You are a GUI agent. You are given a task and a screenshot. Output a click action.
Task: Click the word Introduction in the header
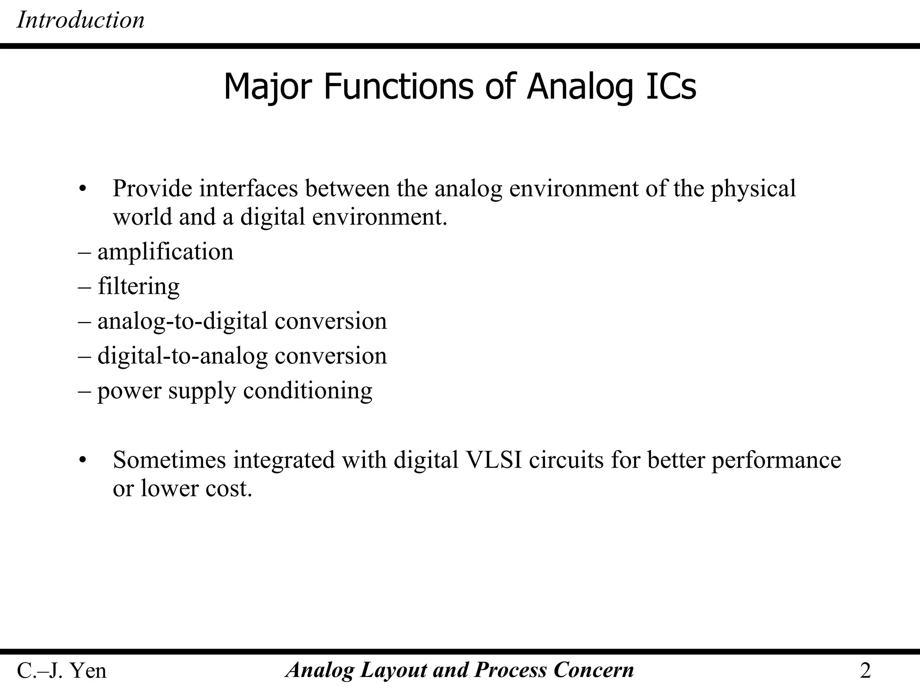(80, 20)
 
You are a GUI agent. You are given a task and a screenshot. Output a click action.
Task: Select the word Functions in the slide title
(398, 86)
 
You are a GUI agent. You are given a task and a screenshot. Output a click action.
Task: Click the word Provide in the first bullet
(152, 188)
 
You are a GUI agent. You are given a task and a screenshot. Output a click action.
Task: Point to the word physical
(753, 189)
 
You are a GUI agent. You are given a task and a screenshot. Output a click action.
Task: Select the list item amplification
(165, 252)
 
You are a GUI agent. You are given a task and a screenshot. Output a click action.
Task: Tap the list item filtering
(138, 287)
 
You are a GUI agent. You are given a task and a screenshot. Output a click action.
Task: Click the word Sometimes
(169, 460)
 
